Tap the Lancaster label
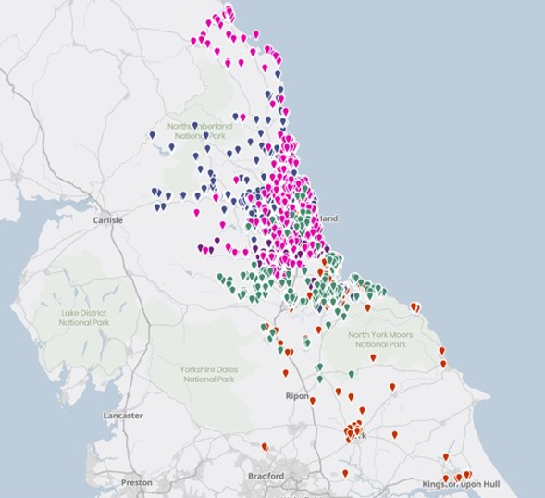tap(122, 416)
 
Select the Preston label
tap(136, 482)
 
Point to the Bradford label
tap(266, 476)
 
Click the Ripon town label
tap(296, 395)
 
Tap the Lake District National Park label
tap(83, 317)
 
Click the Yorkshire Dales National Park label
tap(210, 374)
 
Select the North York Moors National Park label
tap(377, 339)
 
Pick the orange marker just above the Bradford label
tap(265, 447)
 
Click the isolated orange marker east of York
tap(394, 433)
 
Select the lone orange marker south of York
tap(345, 472)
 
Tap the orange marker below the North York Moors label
tap(373, 356)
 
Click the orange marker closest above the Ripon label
tap(285, 372)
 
